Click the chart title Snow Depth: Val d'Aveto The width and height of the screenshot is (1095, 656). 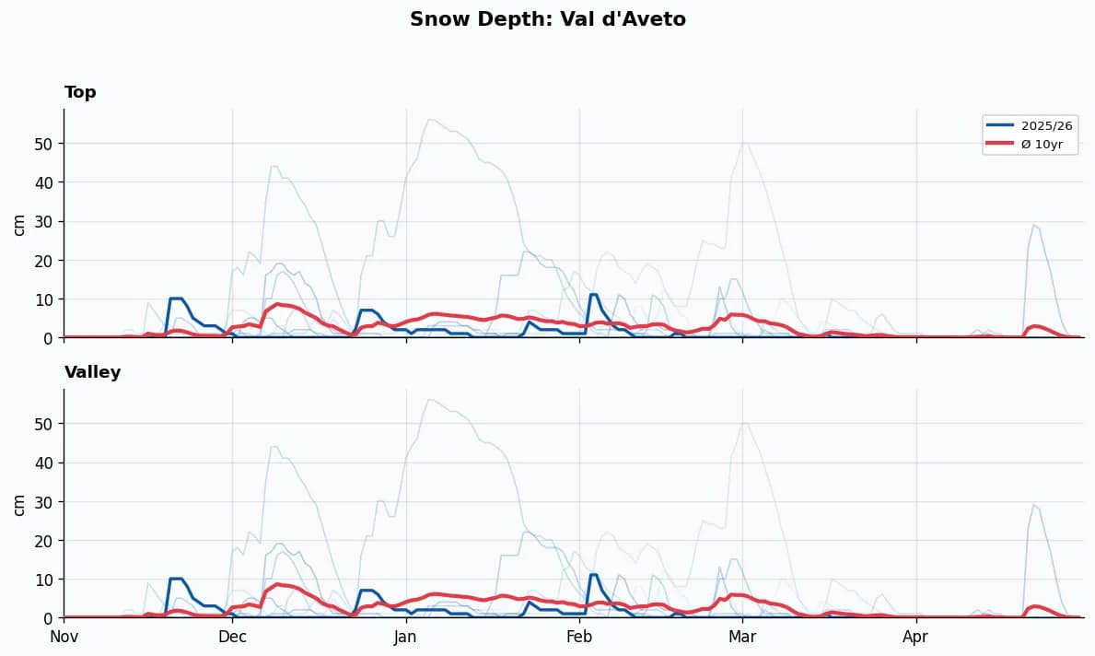pos(547,19)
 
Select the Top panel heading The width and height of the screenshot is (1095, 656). pos(80,92)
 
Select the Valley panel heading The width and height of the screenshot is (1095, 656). pos(92,372)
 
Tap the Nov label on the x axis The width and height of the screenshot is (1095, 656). pos(64,637)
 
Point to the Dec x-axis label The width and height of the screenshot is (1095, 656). pos(232,637)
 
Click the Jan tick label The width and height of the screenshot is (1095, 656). pos(405,637)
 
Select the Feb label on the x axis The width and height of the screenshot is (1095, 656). pos(579,637)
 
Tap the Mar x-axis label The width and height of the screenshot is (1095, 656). pos(742,637)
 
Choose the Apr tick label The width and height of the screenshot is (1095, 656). pos(915,637)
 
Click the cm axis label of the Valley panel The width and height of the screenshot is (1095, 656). pos(19,504)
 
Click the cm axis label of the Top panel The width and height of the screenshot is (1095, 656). pos(19,224)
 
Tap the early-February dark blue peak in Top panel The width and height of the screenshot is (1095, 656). pos(594,295)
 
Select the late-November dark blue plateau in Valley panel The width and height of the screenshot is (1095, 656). pos(176,579)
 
